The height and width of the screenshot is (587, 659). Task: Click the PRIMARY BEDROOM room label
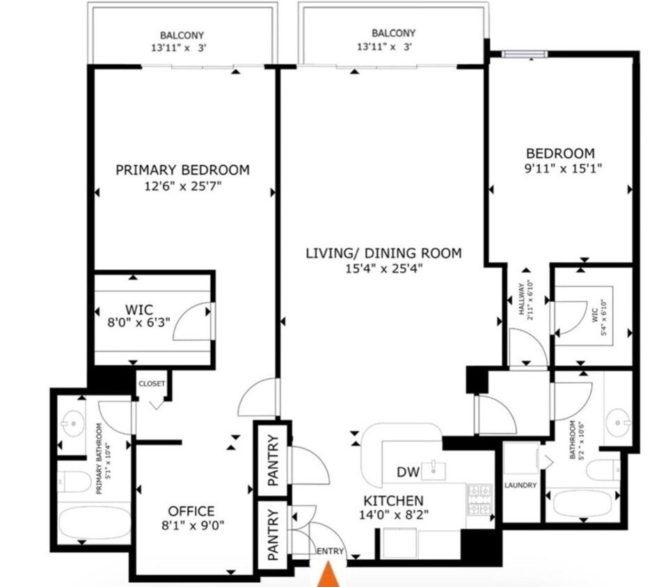pos(182,170)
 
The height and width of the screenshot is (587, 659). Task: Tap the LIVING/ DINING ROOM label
pos(383,253)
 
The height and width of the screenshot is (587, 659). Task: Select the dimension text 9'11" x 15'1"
pos(563,169)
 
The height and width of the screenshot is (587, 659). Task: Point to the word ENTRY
pos(330,552)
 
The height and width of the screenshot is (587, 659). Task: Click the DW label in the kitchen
pos(408,472)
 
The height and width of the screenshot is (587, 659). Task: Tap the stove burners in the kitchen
pos(479,499)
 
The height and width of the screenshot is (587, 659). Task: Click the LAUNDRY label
pos(521,485)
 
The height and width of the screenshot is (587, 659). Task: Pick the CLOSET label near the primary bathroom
pos(152,384)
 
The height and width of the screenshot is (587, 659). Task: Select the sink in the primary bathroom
pos(72,424)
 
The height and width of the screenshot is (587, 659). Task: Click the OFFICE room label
pos(191,511)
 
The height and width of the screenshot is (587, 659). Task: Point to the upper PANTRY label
pos(273,460)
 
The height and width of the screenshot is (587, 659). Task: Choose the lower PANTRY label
pos(273,534)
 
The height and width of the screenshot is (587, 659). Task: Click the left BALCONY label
pos(182,35)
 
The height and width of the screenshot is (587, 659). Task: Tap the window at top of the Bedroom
pos(525,54)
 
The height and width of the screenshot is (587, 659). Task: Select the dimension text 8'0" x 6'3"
pos(139,323)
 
